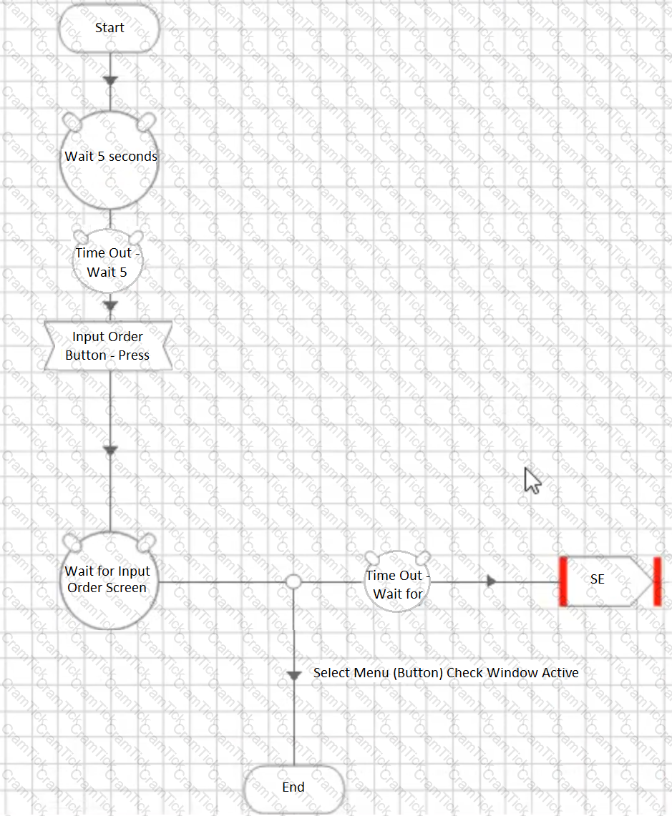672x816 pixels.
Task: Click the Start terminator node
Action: pos(109,28)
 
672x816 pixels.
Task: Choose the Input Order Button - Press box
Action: pos(108,345)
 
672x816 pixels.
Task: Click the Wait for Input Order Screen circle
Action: pos(109,581)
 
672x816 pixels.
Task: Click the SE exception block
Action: pos(610,581)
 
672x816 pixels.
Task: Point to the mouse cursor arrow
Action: pos(532,481)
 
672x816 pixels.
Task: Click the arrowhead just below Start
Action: pos(110,82)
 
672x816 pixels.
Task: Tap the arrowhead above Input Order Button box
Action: pos(110,305)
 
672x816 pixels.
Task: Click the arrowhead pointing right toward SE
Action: pos(491,581)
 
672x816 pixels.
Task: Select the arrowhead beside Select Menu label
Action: pos(294,676)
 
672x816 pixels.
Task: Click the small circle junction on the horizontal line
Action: pos(294,581)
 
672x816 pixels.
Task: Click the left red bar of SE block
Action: pos(563,581)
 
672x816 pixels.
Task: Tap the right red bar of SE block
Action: pos(658,581)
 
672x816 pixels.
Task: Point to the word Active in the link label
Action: pos(560,673)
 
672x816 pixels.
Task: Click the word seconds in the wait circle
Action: pos(133,156)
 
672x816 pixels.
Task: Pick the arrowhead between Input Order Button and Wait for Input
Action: pos(110,450)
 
